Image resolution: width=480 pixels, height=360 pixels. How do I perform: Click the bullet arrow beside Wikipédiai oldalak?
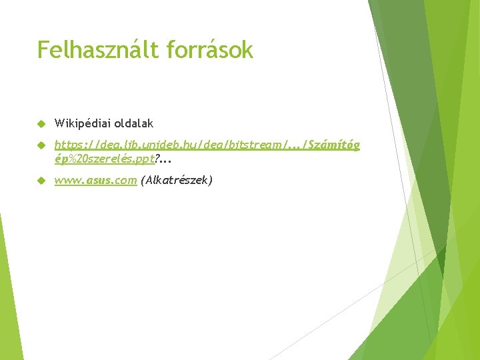coord(41,124)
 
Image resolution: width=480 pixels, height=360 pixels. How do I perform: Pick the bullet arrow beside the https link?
coord(41,145)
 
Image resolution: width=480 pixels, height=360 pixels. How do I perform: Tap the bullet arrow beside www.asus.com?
coord(41,180)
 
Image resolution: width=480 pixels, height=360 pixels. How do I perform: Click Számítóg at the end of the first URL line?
coord(332,145)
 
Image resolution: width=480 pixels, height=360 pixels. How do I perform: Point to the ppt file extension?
coord(145,159)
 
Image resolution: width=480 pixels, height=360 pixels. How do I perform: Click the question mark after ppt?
coord(157,159)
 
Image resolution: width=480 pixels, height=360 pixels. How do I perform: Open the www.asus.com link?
coord(95,180)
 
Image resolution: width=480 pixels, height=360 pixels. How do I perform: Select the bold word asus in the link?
coord(97,180)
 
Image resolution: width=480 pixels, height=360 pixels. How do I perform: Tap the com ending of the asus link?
coord(126,180)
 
